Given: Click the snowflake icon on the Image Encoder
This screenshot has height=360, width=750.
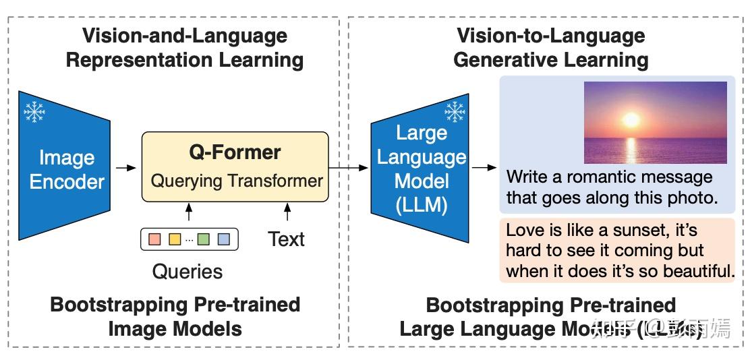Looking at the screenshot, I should pyautogui.click(x=34, y=111).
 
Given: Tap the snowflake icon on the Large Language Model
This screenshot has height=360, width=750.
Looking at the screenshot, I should pyautogui.click(x=455, y=111).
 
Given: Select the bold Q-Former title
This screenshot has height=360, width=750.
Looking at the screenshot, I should pyautogui.click(x=235, y=152).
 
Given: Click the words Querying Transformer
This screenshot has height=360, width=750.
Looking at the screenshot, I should pyautogui.click(x=236, y=181).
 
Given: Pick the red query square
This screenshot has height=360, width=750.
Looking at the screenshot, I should pyautogui.click(x=154, y=239).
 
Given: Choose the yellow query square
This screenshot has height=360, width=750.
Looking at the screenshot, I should pyautogui.click(x=175, y=239).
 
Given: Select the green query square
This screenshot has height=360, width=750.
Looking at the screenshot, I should pyautogui.click(x=204, y=239).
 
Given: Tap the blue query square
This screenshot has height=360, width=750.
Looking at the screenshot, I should pyautogui.click(x=224, y=239).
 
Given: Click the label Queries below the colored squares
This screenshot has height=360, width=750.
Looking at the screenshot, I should pyautogui.click(x=187, y=272).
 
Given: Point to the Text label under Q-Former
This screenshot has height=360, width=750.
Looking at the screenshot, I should pyautogui.click(x=287, y=239).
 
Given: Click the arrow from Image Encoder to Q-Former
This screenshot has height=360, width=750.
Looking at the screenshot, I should pyautogui.click(x=125, y=167).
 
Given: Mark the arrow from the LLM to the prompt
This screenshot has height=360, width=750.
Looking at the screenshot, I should pyautogui.click(x=483, y=167).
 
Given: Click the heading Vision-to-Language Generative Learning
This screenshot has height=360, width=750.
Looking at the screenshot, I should pyautogui.click(x=551, y=47).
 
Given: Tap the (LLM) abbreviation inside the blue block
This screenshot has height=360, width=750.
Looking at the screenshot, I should pyautogui.click(x=422, y=204).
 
